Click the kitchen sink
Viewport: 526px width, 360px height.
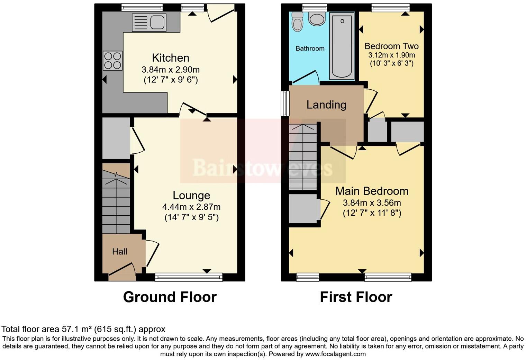pos(149,22)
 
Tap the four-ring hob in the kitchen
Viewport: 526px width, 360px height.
pos(113,61)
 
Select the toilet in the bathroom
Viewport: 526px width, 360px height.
pos(297,22)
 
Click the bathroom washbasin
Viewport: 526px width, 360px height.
pos(317,19)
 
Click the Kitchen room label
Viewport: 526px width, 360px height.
pos(171,58)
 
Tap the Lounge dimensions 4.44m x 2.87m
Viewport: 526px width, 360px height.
pos(191,207)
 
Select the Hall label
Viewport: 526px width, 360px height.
pos(120,252)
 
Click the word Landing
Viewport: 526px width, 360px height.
pos(326,105)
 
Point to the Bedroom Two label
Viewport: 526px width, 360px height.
pos(391,46)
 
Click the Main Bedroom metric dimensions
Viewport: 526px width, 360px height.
pos(372,203)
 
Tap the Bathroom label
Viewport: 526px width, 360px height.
pos(310,48)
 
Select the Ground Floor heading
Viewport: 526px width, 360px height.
pos(170,297)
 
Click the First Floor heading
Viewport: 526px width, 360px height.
pos(356,297)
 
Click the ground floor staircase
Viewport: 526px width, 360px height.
pos(116,204)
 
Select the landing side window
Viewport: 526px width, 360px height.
pos(285,103)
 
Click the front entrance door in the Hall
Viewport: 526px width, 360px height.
pos(122,273)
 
